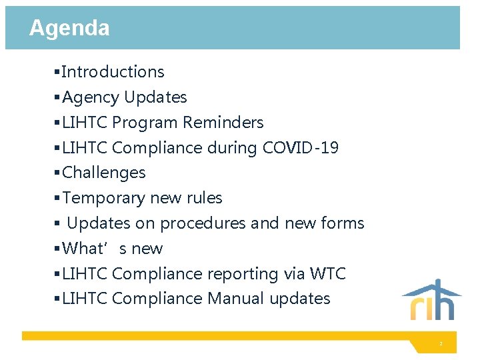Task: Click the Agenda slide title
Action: [x=69, y=28]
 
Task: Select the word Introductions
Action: [x=113, y=72]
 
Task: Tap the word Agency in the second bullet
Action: [x=91, y=97]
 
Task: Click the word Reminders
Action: [x=223, y=123]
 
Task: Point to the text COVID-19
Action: [x=301, y=147]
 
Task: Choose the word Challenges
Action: [x=103, y=173]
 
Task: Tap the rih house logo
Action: [x=431, y=300]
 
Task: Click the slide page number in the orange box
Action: [x=441, y=344]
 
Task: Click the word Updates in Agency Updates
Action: [x=155, y=97]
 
